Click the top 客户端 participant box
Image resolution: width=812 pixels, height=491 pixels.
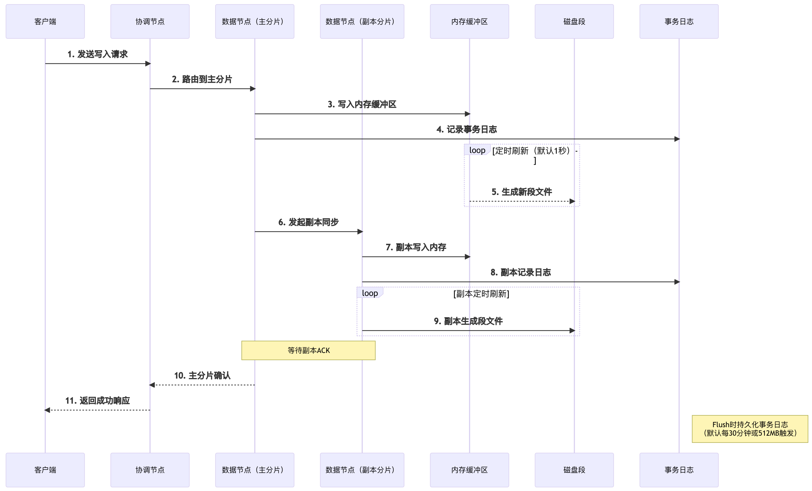[45, 21]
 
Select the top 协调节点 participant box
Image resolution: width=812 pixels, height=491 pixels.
[150, 21]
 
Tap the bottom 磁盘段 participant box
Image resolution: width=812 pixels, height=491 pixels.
[574, 470]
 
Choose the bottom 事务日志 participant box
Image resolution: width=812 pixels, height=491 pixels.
[679, 470]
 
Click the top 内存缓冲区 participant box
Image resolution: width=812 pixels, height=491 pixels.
[469, 21]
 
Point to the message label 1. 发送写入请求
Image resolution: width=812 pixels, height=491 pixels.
[97, 54]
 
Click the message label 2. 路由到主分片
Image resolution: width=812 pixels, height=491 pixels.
[202, 79]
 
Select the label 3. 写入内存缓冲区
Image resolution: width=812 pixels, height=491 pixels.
[362, 105]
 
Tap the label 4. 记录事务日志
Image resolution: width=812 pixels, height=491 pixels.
[467, 129]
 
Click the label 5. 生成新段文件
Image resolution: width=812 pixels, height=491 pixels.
[522, 192]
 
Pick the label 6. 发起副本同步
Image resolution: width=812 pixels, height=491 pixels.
[309, 222]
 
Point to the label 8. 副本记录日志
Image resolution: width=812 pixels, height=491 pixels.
[521, 272]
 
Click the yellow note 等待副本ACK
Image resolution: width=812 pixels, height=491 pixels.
[309, 350]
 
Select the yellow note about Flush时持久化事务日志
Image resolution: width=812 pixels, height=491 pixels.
[750, 429]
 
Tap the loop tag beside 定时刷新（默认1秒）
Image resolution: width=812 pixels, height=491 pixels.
[477, 150]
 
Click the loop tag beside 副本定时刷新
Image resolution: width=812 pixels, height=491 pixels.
[370, 293]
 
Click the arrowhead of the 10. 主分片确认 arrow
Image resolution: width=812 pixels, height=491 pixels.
[152, 385]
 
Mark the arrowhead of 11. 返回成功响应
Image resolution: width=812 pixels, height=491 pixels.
[47, 410]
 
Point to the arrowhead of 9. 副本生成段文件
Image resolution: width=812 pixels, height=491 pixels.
[572, 330]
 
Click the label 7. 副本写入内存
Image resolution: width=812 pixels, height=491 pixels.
[416, 247]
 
